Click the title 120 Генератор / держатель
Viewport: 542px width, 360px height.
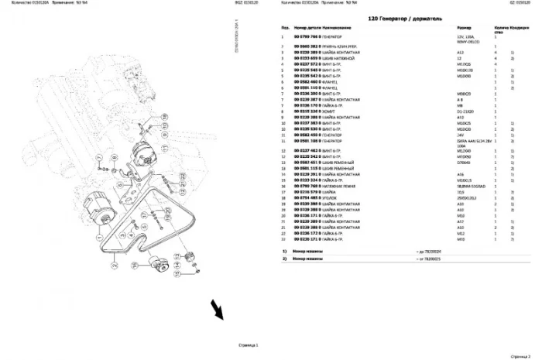point(394,17)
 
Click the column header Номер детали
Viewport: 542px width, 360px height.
point(307,27)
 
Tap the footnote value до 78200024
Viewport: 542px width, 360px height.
point(432,252)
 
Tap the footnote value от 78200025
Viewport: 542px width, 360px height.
point(432,259)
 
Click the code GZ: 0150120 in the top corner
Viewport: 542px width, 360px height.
point(523,3)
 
